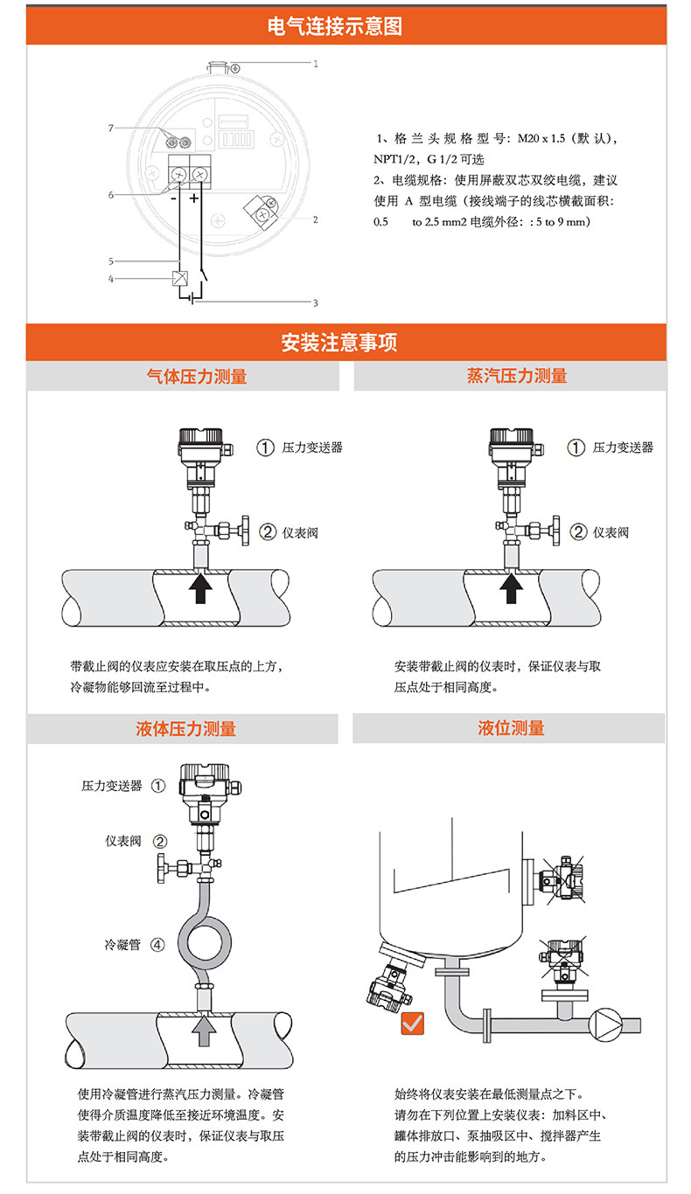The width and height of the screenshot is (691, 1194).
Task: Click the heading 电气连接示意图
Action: (334, 26)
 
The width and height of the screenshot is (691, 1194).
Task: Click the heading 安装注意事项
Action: (339, 343)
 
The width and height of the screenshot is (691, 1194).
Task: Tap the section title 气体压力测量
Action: (197, 377)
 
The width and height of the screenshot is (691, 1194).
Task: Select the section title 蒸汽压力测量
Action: (517, 376)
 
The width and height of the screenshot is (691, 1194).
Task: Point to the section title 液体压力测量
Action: (185, 728)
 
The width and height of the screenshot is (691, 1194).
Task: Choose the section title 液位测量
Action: (511, 727)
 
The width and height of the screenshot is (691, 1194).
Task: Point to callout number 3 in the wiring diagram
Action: (316, 302)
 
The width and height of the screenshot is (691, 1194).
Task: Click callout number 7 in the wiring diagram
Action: (110, 128)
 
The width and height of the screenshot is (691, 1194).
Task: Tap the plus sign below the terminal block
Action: (193, 198)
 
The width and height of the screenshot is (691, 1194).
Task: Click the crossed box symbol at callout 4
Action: (180, 278)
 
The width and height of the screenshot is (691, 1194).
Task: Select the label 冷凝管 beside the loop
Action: (122, 945)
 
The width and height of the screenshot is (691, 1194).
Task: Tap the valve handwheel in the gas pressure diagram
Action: (245, 531)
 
